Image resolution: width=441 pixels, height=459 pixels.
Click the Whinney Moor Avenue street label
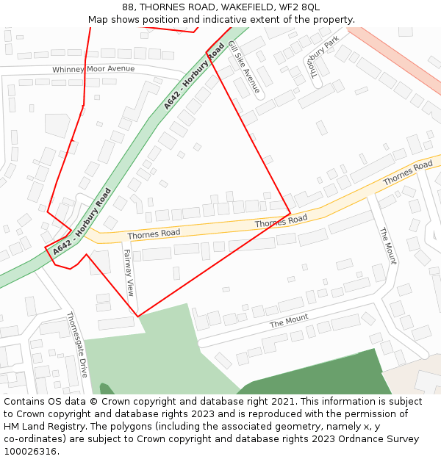click(x=93, y=69)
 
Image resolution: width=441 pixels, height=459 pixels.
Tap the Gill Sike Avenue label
click(x=244, y=68)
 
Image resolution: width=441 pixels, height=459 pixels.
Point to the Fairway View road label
click(x=129, y=272)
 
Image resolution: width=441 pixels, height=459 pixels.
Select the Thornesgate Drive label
click(x=77, y=344)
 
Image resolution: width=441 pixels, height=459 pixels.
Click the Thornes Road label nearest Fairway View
click(x=154, y=234)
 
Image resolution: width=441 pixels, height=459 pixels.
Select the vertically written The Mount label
click(x=387, y=246)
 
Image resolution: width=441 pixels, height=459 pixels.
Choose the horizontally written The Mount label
click(x=289, y=321)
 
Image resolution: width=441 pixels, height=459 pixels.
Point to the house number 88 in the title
click(x=128, y=7)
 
